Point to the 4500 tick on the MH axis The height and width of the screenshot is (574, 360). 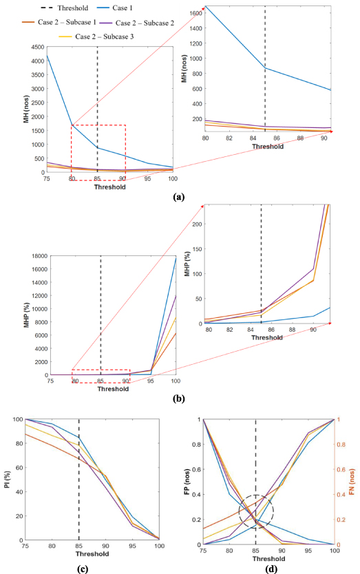(38, 47)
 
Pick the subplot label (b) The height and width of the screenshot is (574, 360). (180, 398)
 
